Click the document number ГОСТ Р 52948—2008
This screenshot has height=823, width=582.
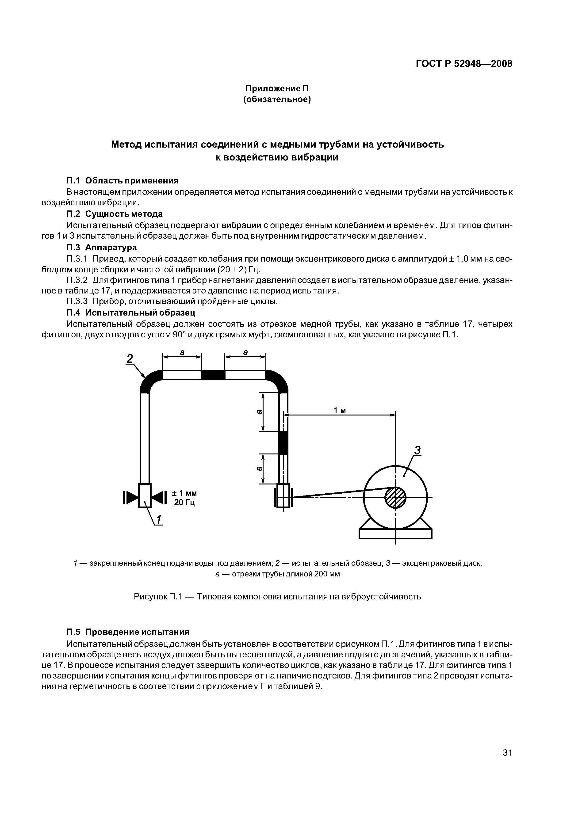pyautogui.click(x=464, y=64)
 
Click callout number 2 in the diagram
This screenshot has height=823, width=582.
pyautogui.click(x=130, y=358)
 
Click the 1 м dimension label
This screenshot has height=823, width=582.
pyautogui.click(x=340, y=410)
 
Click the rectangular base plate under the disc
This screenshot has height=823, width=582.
pyautogui.click(x=395, y=534)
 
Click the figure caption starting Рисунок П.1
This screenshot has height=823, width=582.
pyautogui.click(x=277, y=596)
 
